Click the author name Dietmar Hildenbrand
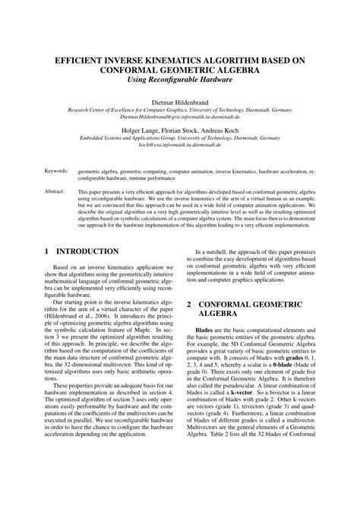pyautogui.click(x=180, y=100)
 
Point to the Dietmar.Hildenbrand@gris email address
pyautogui.click(x=180, y=117)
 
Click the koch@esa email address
pyautogui.click(x=180, y=144)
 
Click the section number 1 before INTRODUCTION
pyautogui.click(x=48, y=251)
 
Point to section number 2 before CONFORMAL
pyautogui.click(x=190, y=303)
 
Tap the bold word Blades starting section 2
pyautogui.click(x=204, y=331)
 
